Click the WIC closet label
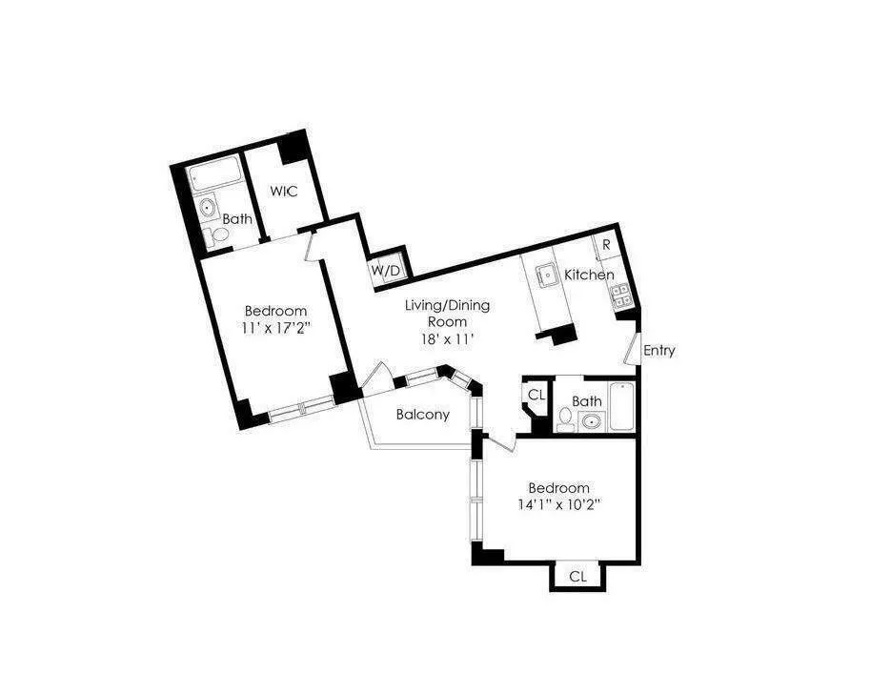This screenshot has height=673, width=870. coord(284,192)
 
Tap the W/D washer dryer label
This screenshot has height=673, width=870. coord(385,271)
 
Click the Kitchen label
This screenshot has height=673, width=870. coord(589,275)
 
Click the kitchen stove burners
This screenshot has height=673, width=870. coord(621,296)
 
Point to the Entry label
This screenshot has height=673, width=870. coord(658,350)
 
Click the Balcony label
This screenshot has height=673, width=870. coord(422,415)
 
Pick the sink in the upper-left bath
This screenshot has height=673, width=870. coord(207,207)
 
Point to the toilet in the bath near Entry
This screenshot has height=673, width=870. coord(567,417)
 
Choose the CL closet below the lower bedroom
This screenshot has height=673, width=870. coord(577,576)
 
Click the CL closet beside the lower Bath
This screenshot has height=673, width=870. coord(536,394)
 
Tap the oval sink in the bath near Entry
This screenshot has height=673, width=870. coord(592,421)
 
